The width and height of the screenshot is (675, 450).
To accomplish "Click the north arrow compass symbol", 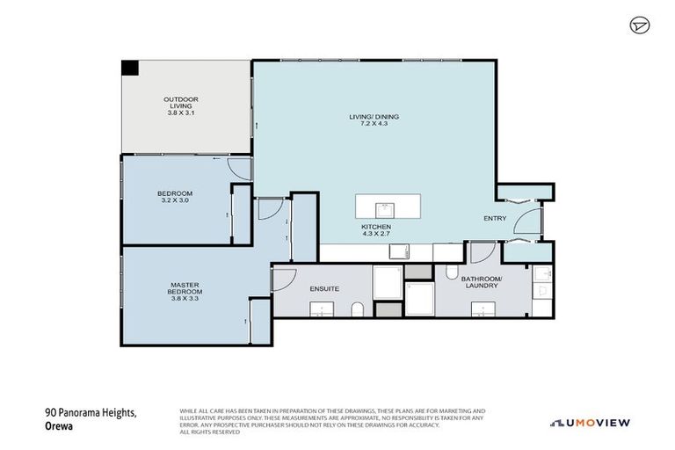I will [x=638, y=25].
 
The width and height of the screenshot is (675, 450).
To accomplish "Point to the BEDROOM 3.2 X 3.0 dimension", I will [x=174, y=200].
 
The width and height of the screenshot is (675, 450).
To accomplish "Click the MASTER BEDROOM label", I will [x=185, y=287].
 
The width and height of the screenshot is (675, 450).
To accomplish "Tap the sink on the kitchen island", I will [x=383, y=209].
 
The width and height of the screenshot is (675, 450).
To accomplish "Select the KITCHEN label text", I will [x=376, y=228].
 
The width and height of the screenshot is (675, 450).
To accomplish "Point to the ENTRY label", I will [x=495, y=218].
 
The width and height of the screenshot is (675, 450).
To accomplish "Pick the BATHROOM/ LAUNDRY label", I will [x=482, y=282].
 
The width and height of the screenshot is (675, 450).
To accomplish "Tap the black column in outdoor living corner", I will [x=128, y=68].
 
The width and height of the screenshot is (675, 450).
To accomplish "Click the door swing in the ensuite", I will [x=283, y=280].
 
